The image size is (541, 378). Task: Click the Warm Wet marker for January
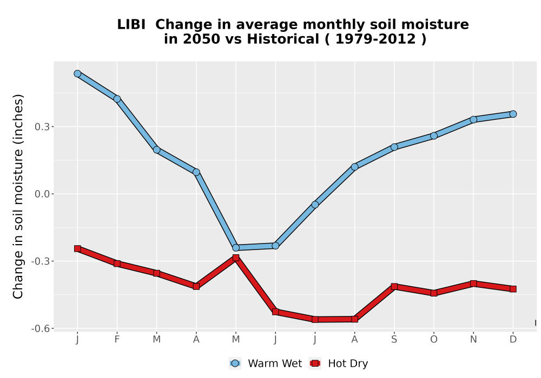77,73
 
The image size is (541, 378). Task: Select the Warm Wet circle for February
117,99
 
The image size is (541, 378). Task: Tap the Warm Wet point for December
513,114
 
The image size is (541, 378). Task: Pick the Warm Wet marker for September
394,147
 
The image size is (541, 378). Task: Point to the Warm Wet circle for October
434,136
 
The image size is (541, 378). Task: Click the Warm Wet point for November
473,119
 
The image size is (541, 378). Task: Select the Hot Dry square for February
117,264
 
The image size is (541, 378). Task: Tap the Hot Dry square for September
394,286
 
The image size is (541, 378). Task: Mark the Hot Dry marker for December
513,289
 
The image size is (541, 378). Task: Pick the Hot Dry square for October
434,293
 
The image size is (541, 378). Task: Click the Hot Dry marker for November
473,283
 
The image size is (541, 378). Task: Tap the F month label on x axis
117,340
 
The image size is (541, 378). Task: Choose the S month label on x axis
394,340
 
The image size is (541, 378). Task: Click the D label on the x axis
513,340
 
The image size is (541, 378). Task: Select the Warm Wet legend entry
265,363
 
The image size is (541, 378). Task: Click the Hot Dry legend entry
339,363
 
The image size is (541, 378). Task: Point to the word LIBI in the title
131,25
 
